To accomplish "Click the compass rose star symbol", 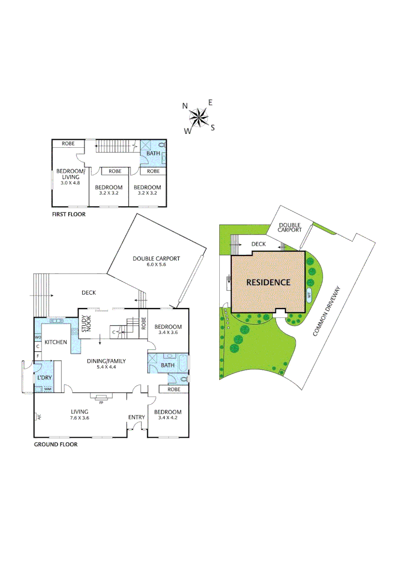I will (x=198, y=118).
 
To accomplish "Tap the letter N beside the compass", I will (x=184, y=106).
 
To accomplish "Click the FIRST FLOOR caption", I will (x=69, y=214).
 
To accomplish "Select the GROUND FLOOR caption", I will (x=56, y=444).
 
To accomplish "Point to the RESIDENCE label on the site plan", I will (x=268, y=282).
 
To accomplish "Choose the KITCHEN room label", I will (x=56, y=342).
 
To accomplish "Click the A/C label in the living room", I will (x=37, y=416).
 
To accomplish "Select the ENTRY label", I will (x=137, y=417).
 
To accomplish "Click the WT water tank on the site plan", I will (x=309, y=295).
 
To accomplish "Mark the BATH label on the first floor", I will (x=153, y=154).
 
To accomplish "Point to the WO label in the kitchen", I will (x=37, y=338).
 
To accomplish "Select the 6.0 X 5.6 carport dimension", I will (x=156, y=264).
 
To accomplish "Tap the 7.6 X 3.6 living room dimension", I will (x=80, y=417).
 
